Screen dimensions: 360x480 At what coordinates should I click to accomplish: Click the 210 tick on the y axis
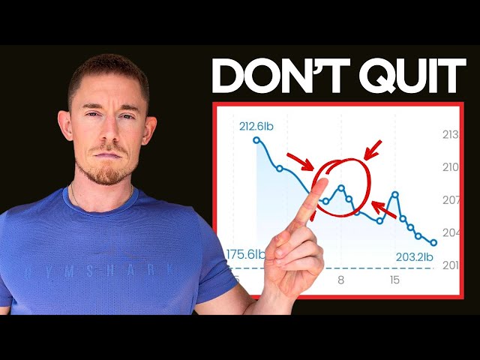452,167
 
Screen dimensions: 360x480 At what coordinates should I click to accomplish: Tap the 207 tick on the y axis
452,200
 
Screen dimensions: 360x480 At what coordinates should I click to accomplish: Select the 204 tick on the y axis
452,232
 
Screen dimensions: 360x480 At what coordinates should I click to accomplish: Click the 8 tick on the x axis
341,280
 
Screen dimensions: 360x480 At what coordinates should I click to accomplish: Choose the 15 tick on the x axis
394,280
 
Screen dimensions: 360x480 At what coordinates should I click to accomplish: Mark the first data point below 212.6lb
256,139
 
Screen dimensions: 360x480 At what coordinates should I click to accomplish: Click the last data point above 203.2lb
433,242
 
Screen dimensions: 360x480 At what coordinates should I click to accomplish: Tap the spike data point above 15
394,193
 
